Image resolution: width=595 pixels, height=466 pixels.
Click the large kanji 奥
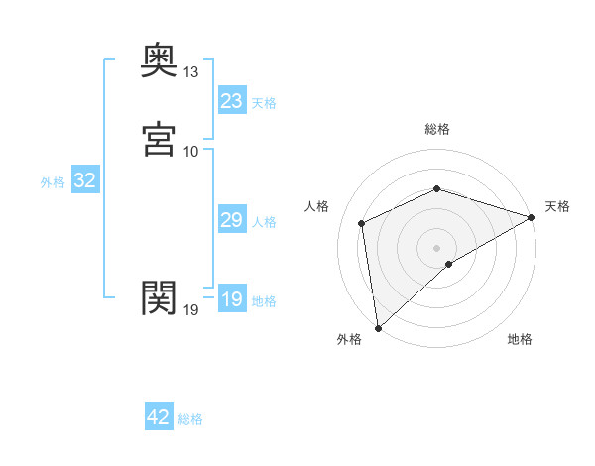tap(159, 61)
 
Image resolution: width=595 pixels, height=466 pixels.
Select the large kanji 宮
tap(159, 139)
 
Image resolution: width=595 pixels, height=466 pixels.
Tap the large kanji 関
tap(159, 296)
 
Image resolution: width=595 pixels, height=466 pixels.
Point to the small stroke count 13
tap(191, 73)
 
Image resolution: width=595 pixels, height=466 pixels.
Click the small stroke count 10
tap(191, 151)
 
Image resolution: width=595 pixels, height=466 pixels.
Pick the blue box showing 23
tap(231, 101)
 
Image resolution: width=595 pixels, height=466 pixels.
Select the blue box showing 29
tap(231, 220)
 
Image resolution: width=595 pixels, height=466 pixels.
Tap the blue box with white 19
tap(231, 299)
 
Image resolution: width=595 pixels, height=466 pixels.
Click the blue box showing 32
tap(84, 180)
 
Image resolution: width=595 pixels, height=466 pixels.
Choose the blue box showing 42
tap(158, 417)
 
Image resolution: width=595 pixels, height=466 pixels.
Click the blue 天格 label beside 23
tap(264, 103)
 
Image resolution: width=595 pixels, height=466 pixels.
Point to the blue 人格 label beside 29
tap(264, 222)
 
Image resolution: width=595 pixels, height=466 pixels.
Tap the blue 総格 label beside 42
tap(190, 419)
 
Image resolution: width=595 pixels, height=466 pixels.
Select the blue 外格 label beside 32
tap(53, 182)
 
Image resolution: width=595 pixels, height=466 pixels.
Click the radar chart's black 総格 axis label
tap(437, 129)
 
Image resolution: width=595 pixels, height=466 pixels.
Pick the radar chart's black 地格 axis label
tap(520, 339)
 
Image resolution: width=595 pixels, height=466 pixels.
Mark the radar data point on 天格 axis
tap(531, 217)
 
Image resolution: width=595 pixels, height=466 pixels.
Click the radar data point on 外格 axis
tap(377, 328)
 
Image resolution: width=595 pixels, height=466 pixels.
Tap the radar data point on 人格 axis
tap(362, 223)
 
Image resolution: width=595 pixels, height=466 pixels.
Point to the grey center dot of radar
tap(436, 247)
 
